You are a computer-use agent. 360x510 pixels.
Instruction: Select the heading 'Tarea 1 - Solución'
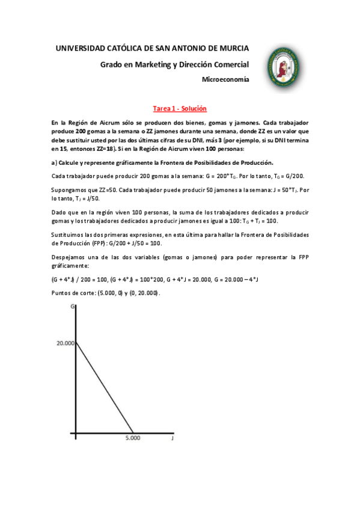point(180,108)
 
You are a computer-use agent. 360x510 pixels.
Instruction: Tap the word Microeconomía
point(225,79)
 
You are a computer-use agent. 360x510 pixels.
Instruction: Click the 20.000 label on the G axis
point(65,343)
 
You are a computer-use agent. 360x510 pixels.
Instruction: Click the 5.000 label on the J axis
point(133,438)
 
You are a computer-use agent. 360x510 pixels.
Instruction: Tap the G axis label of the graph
point(72,307)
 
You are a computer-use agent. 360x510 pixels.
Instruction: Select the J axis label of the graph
point(172,438)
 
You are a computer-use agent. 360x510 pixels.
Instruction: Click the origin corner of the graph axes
point(76,432)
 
